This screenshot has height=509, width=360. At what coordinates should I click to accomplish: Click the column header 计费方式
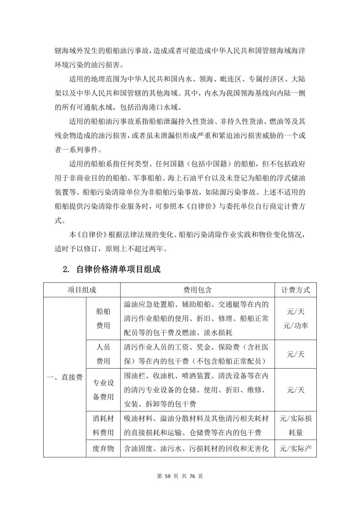pyautogui.click(x=296, y=289)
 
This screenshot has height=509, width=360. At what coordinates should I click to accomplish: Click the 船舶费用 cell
pyautogui.click(x=103, y=318)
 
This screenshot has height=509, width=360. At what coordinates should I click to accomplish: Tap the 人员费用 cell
pyautogui.click(x=103, y=354)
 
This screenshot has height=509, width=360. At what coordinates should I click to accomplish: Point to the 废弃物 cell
pyautogui.click(x=103, y=449)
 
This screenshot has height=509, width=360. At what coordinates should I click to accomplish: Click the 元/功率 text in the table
pyautogui.click(x=296, y=325)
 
